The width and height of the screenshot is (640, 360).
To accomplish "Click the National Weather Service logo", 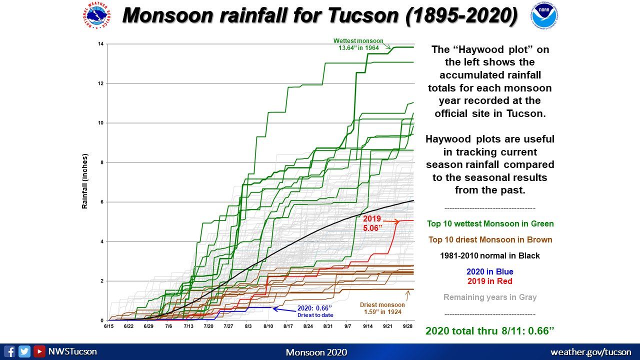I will pos(96,16).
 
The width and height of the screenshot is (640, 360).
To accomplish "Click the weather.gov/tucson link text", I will pos(590,352).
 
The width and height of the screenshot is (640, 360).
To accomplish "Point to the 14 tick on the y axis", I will pos(100,44).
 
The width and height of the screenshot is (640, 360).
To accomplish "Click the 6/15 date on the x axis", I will pos(108,326).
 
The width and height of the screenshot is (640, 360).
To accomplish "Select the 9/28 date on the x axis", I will pos(407,326).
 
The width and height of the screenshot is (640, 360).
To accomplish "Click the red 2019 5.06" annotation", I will pos(372,223).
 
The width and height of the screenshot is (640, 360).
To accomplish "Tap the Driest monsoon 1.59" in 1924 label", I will pos(382,308).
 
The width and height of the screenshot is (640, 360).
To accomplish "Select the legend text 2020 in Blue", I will pos(489,271).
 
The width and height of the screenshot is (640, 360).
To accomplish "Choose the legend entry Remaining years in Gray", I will pos(489,297).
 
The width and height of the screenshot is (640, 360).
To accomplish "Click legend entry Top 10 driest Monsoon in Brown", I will pos(490,239).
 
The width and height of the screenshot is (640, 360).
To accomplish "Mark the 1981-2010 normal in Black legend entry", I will pos(489,255).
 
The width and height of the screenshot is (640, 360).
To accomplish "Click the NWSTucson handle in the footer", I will pos(72,351).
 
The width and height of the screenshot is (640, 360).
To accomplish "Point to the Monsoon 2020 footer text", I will pos(316,352).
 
